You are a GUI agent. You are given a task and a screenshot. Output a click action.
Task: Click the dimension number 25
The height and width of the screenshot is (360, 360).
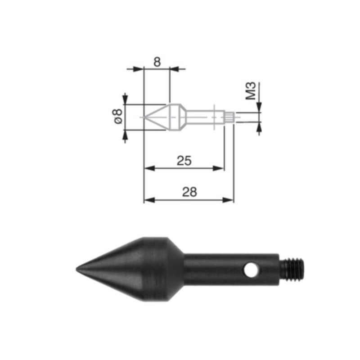(x=184, y=160)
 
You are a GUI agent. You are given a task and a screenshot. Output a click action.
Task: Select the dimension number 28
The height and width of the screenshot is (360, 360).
(x=189, y=192)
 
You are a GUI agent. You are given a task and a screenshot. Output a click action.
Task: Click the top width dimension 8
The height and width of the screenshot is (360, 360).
(x=157, y=62)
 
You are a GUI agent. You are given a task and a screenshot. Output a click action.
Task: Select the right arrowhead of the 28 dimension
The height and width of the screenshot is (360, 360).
(x=229, y=200)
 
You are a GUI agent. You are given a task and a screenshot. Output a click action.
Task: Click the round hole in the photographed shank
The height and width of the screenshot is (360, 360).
(x=251, y=270)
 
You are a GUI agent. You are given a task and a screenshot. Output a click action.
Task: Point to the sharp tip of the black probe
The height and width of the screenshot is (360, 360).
(x=78, y=270)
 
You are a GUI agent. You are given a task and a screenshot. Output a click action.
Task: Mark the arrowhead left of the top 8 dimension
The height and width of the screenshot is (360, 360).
(x=139, y=69)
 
